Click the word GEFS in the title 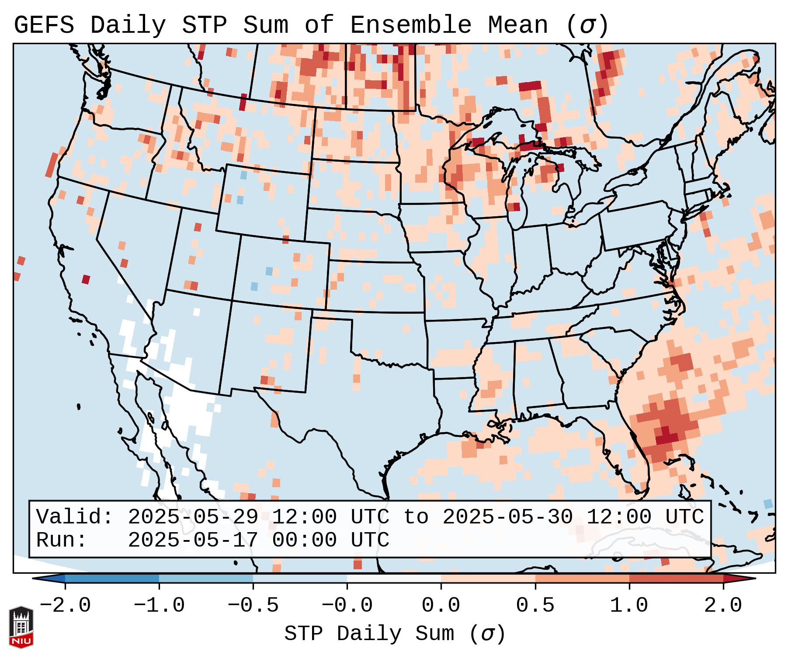44,25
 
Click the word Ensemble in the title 410,25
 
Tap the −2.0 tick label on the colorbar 65,606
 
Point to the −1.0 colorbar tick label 159,606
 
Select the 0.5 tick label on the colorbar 535,606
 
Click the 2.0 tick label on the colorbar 723,606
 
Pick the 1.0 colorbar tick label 629,606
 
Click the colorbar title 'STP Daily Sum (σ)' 395,634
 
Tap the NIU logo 21,627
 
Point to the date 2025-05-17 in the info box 193,540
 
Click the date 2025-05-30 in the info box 507,517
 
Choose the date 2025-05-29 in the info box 193,517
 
